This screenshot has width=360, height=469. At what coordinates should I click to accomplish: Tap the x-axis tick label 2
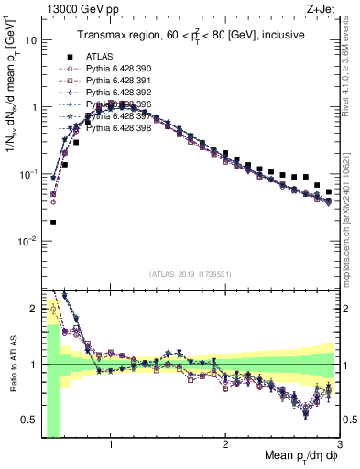click(225, 446)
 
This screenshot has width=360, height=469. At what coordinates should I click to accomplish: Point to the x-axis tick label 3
click(339, 446)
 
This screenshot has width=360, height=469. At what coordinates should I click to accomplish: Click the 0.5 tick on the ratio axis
click(32, 419)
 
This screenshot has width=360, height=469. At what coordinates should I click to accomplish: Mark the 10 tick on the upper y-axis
click(31, 40)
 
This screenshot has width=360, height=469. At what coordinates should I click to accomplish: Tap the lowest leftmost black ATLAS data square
click(53, 222)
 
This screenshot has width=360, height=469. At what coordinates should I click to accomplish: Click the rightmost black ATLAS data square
click(329, 192)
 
